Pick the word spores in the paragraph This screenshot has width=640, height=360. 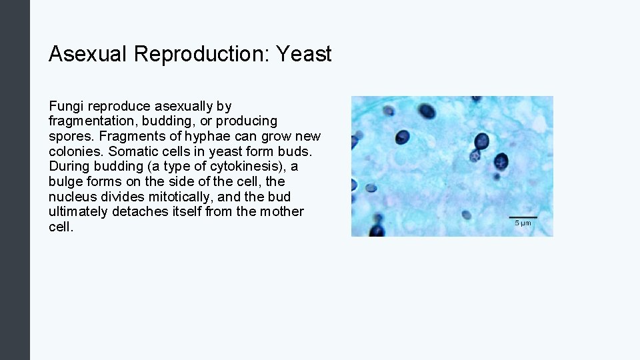[69, 137]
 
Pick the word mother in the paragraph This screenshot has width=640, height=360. [283, 212]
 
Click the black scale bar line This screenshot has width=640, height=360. [523, 217]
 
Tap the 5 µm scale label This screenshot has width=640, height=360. [523, 223]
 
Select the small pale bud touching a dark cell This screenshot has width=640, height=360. [475, 156]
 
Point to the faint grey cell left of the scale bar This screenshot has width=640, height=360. [466, 215]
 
